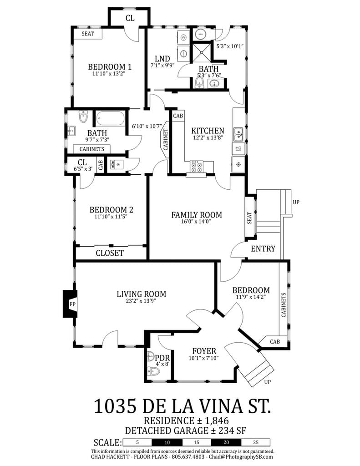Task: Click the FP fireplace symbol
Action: [72, 304]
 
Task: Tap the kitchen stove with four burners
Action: [196, 167]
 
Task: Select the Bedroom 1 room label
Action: [106, 66]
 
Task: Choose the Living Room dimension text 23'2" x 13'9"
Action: [141, 301]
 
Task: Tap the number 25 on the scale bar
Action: [255, 442]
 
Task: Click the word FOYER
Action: [204, 351]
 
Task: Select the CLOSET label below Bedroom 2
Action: [110, 253]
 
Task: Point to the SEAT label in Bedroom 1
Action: [88, 34]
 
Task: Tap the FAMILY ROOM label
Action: [196, 215]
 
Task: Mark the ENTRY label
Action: [263, 248]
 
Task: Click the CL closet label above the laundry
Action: [130, 18]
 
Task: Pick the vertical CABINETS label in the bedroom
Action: [284, 311]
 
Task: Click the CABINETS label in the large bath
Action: [91, 149]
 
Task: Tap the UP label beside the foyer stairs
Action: [268, 382]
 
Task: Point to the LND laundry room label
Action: [162, 59]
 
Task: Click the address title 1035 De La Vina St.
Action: [182, 406]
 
